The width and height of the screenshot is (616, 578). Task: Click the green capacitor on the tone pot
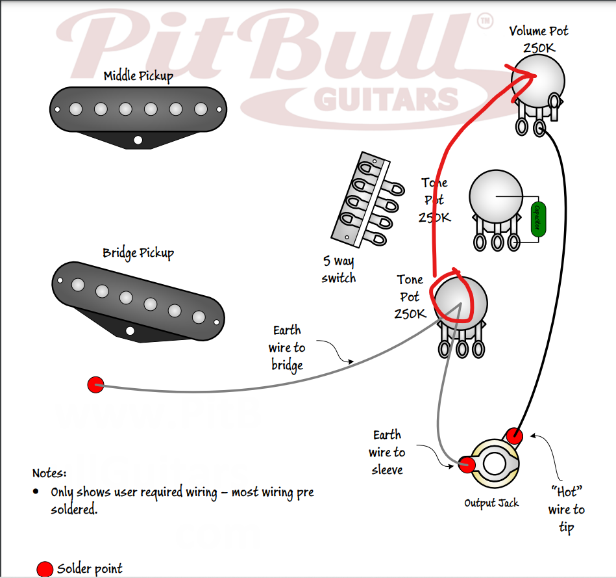537,219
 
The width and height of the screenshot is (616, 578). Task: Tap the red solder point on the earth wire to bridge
95,384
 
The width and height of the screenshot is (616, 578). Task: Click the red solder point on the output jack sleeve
466,464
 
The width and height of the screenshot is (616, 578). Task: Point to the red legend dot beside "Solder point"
45,569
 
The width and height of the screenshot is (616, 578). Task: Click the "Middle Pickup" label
138,76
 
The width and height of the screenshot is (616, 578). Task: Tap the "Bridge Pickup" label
138,252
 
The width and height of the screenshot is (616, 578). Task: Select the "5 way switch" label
339,269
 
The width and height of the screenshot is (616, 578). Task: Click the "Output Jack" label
491,503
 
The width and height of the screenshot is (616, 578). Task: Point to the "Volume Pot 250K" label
538,39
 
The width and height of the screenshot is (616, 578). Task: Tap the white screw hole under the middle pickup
138,139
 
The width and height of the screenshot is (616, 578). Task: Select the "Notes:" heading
49,473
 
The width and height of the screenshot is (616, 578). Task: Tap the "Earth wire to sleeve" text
388,452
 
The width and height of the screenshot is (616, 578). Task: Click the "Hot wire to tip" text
566,510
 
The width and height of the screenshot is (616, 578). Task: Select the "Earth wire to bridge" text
287,348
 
